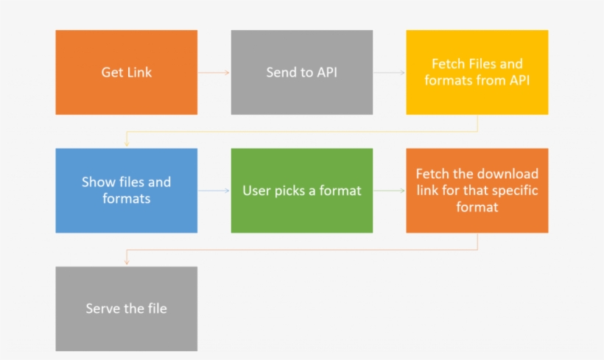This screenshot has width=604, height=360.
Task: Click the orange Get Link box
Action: (126, 72)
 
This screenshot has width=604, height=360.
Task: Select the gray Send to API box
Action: (301, 72)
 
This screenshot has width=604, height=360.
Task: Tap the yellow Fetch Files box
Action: (477, 72)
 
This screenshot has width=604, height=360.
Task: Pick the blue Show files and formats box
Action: (126, 190)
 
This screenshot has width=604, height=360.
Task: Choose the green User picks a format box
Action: (301, 190)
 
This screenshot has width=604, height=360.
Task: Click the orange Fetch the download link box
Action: (477, 190)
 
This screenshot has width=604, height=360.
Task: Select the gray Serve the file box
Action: (126, 308)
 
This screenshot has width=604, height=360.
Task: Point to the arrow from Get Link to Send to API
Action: (214, 72)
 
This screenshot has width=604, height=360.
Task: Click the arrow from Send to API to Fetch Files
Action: (389, 72)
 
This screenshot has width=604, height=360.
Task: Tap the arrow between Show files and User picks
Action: (214, 191)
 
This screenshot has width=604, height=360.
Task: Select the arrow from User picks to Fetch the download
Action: (389, 191)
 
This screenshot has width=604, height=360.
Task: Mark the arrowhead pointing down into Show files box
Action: (127, 145)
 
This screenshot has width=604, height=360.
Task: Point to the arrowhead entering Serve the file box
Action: (127, 263)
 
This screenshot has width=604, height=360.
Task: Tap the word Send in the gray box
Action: (281, 72)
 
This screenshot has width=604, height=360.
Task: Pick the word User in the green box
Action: (256, 191)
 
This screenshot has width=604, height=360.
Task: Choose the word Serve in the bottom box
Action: (102, 308)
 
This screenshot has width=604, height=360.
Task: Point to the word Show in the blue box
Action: (97, 182)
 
